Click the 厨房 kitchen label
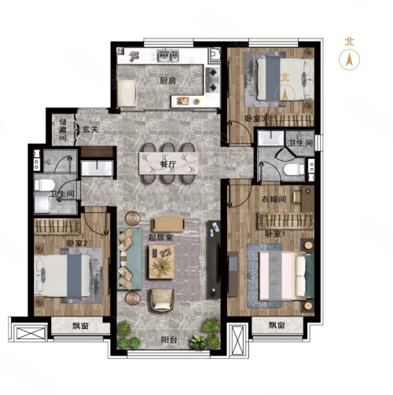[x=167, y=81]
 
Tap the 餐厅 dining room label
[x=168, y=164]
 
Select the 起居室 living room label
[x=160, y=237]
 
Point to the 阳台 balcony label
[x=169, y=340]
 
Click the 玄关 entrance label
[x=90, y=129]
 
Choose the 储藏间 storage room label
[x=63, y=130]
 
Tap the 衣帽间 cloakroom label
[x=274, y=199]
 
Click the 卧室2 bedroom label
[x=77, y=243]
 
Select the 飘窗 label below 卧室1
[x=277, y=325]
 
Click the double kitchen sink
[x=167, y=56]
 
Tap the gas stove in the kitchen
[x=212, y=79]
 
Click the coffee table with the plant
[x=161, y=262]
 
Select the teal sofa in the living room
[x=130, y=258]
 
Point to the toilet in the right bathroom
[x=294, y=170]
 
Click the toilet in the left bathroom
[x=44, y=185]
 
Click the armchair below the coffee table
[x=162, y=300]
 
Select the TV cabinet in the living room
[x=214, y=260]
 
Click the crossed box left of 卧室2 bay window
[x=31, y=333]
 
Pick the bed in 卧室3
[x=285, y=79]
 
